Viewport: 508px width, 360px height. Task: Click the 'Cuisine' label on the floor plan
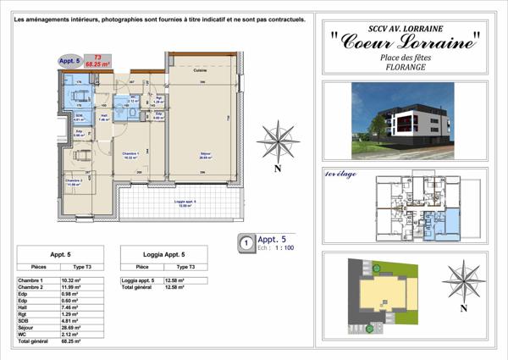201,69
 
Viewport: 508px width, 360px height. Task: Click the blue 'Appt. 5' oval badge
69,61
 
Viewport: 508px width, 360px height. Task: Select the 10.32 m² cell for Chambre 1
70,279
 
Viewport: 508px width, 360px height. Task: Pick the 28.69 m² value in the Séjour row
70,326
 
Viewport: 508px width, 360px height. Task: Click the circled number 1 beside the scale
246,242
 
